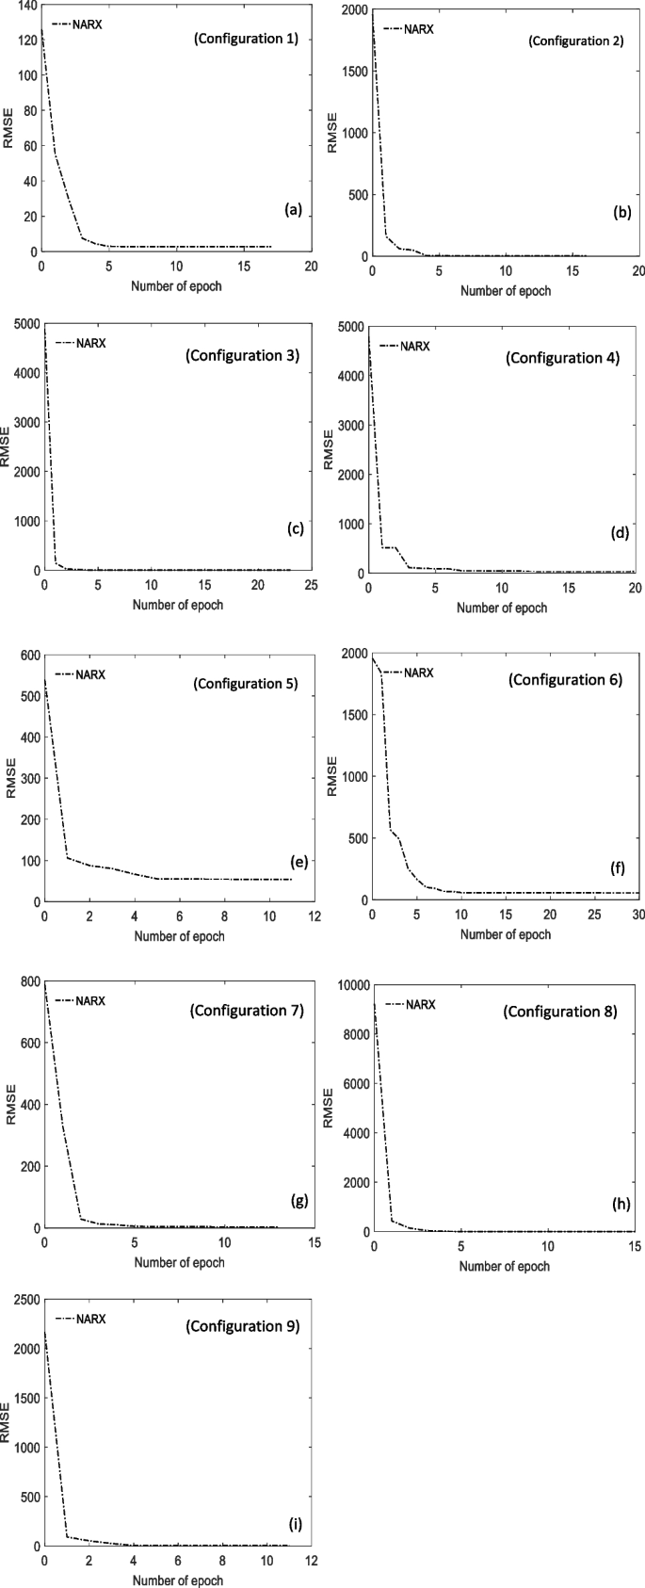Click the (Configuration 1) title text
(x=246, y=39)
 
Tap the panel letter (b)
(x=621, y=213)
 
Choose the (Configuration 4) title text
(x=562, y=358)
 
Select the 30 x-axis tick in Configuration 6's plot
(x=637, y=916)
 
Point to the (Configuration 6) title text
(x=565, y=679)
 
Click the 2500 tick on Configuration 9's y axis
(x=21, y=1300)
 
